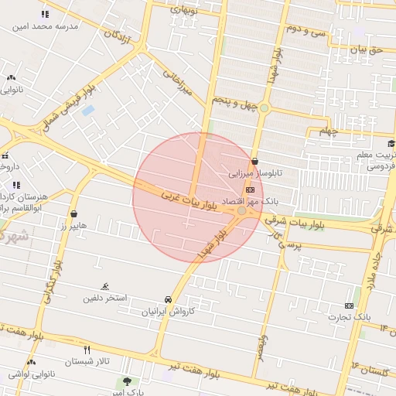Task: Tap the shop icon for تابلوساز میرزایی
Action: pos(255,162)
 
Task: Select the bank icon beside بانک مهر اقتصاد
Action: pos(250,189)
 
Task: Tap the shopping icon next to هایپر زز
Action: pos(73,214)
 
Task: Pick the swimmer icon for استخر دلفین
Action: pos(105,286)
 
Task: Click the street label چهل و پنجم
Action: pos(233,101)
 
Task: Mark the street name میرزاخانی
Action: pos(174,83)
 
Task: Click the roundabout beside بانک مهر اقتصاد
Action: pos(242,210)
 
